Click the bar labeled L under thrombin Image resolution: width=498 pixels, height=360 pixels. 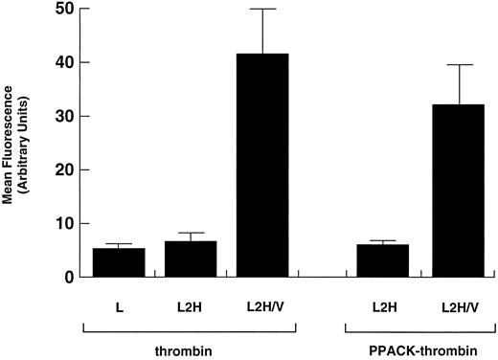(119, 262)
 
